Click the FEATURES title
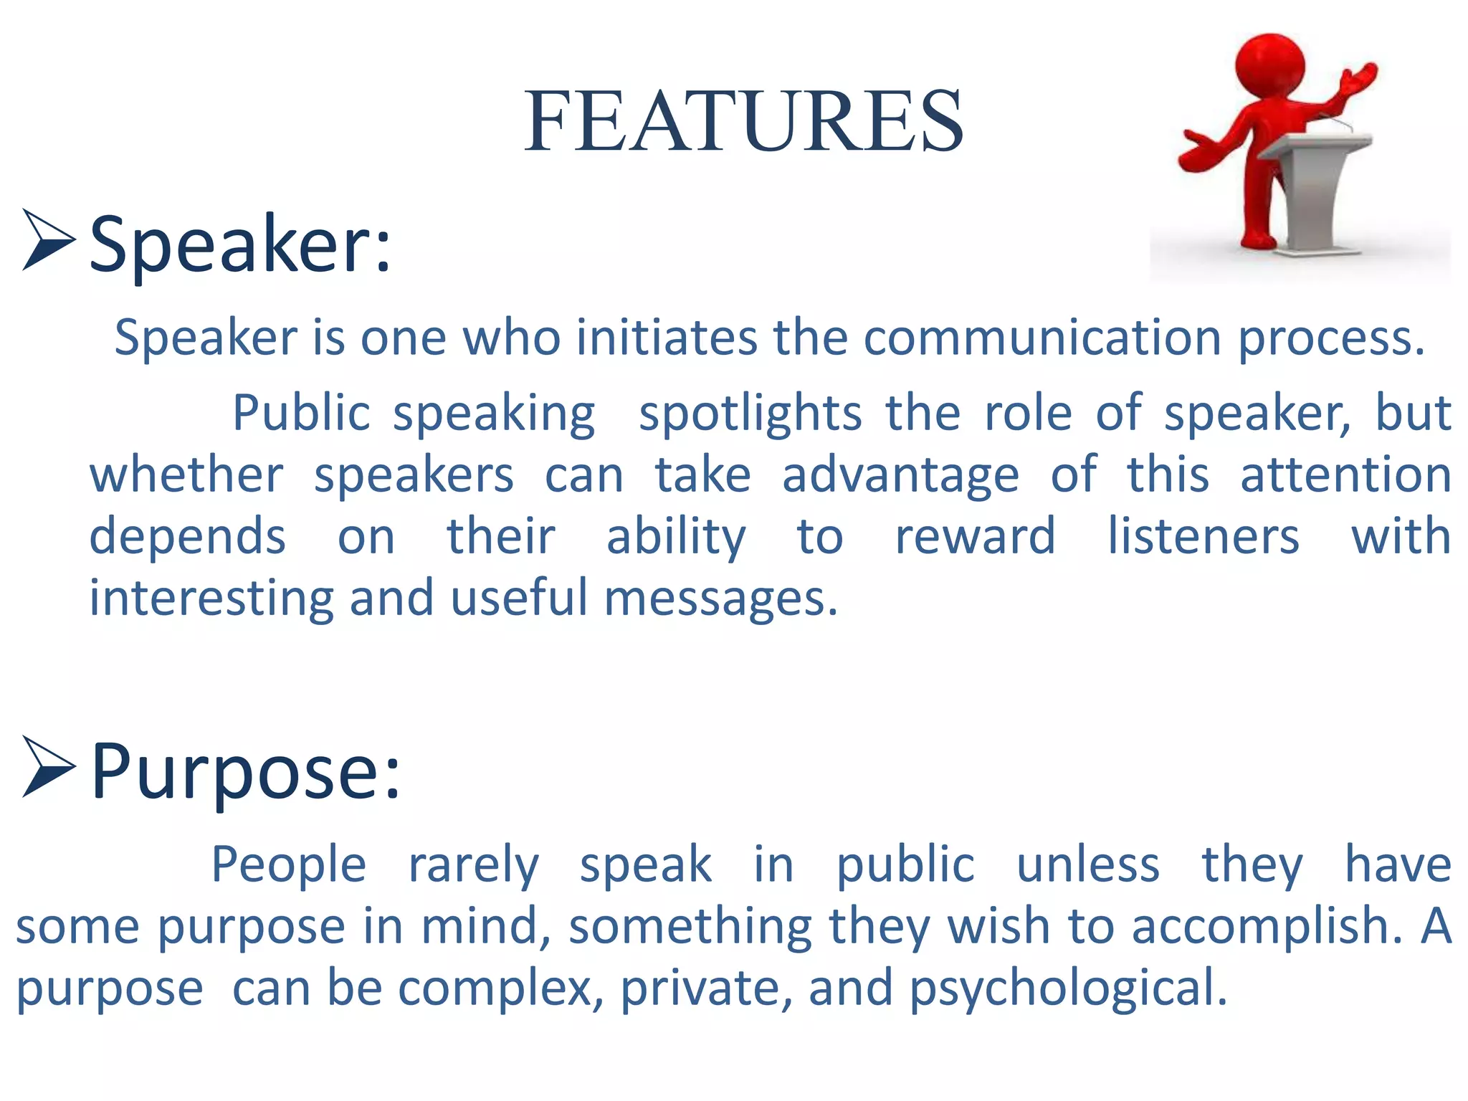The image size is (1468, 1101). click(x=743, y=121)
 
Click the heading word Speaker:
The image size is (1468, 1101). click(x=240, y=245)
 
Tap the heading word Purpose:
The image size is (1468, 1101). click(x=245, y=772)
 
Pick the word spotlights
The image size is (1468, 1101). click(x=750, y=414)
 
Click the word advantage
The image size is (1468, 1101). click(x=900, y=475)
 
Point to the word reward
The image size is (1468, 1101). click(x=975, y=536)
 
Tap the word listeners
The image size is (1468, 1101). click(x=1204, y=536)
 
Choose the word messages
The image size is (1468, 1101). click(x=720, y=599)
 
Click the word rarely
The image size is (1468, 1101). click(x=473, y=864)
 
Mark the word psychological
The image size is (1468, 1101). click(x=1068, y=988)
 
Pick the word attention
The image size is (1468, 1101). click(x=1345, y=475)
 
